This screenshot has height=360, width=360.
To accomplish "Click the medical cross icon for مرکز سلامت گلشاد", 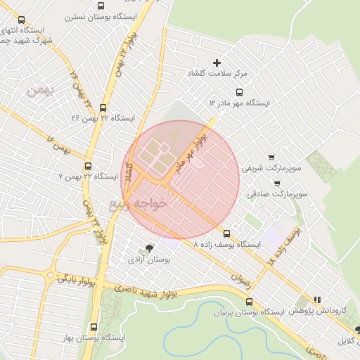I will tap(217, 63).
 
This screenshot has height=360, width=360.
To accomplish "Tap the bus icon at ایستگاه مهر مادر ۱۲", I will tap(240, 92).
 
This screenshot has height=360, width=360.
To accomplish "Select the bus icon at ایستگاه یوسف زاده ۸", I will tap(226, 233).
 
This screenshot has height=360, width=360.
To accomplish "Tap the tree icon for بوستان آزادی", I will tap(148, 247).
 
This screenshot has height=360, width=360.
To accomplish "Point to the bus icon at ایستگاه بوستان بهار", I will tap(94, 327).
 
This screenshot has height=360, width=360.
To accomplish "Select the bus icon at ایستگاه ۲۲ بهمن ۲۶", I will tap(103, 108).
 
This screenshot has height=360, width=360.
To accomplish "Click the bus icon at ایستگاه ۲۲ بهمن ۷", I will tap(88, 167).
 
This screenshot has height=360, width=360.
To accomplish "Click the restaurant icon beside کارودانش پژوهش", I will tap(317, 299).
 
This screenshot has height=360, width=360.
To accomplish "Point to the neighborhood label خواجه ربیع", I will tap(139, 203).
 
